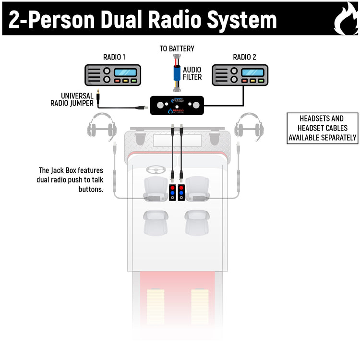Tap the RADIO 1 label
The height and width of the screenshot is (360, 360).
coord(114,57)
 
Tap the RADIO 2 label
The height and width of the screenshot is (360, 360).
coord(244,57)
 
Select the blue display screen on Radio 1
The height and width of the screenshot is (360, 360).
coord(125,72)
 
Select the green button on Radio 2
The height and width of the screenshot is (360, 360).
coord(261,81)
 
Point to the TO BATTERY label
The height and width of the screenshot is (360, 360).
coord(177,49)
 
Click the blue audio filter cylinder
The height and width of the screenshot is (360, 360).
coord(177,75)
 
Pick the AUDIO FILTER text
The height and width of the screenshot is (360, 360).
coord(192,73)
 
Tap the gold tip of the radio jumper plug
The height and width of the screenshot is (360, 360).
coord(97,91)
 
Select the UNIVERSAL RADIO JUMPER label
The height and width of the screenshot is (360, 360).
coord(72,99)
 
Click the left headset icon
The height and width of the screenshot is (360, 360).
coord(102,126)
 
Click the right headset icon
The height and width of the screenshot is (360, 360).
coord(249,126)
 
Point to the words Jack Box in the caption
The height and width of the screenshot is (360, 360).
coord(63,170)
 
